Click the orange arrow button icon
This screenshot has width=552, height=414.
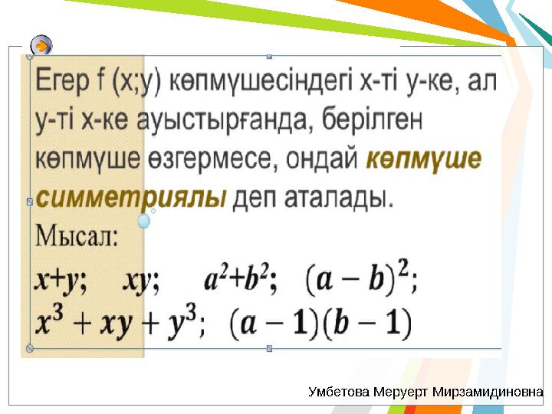(x=43, y=46)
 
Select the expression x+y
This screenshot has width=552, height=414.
(x=61, y=281)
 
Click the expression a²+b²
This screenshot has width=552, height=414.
(x=238, y=281)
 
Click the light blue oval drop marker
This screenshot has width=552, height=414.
(x=143, y=222)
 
